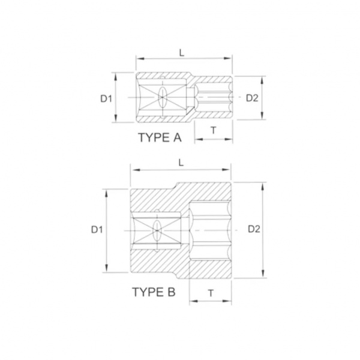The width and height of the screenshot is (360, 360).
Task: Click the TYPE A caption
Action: coord(160,137)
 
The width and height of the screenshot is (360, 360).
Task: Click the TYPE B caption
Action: coord(154,292)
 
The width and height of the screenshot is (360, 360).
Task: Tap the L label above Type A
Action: coord(182,53)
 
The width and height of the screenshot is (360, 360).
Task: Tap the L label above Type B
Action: coord(181,163)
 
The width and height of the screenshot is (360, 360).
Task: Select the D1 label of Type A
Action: coord(106,99)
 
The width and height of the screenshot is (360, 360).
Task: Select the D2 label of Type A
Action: coord(252,98)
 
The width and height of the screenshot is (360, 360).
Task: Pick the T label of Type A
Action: coord(214,130)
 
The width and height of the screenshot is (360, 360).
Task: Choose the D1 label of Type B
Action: coord(97,230)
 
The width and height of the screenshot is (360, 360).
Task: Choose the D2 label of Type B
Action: coord(254,229)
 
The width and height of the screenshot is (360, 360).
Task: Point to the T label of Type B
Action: coord(211,293)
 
